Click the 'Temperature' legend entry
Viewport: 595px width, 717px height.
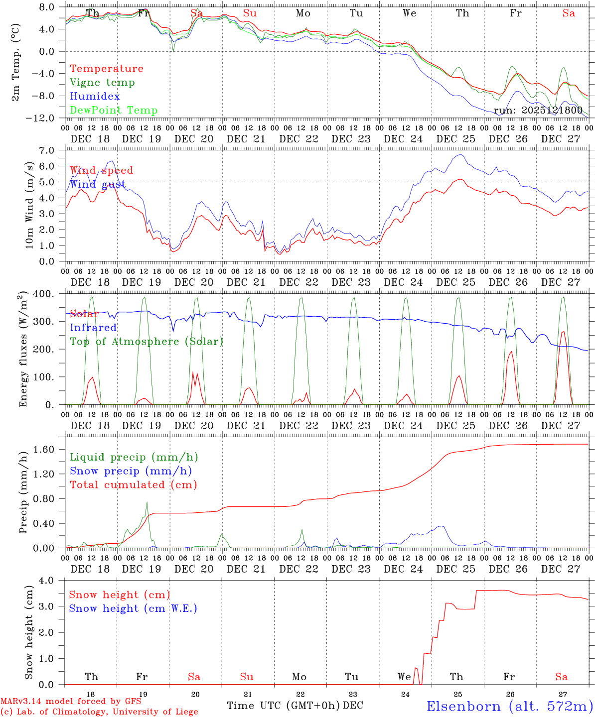106,69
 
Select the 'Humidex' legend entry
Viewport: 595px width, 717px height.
95,97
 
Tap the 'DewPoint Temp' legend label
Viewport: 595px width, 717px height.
114,111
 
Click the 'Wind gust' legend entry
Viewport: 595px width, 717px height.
98,184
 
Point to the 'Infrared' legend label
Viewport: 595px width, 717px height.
93,328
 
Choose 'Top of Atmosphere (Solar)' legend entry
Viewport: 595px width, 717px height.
147,342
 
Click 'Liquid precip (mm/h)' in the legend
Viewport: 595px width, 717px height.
134,457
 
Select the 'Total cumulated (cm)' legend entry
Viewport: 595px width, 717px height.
134,485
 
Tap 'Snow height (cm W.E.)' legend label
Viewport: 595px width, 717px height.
133,608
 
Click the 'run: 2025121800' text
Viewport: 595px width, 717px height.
538,111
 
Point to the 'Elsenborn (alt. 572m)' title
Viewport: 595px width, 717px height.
509,706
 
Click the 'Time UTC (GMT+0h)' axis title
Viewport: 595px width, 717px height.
283,706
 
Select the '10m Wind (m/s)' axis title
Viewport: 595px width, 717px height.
30,205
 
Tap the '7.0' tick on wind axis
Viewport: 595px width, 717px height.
52,150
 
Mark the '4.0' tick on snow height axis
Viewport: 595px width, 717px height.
52,580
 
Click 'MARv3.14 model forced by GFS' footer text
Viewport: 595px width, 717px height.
71,702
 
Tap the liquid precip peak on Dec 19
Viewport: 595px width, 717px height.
147,502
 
